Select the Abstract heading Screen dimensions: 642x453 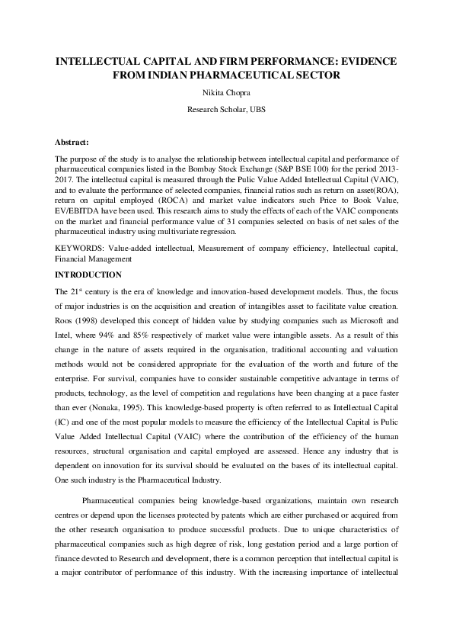72,143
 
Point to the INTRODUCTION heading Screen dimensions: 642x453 88,274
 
